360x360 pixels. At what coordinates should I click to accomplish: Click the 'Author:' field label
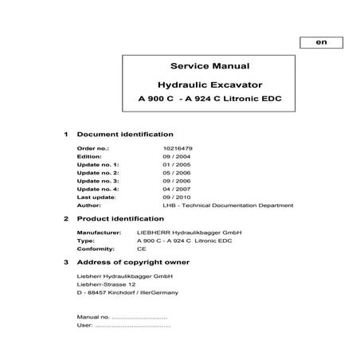[88, 205]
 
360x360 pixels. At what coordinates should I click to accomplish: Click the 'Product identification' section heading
[119, 217]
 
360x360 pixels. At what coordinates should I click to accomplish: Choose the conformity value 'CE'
[142, 248]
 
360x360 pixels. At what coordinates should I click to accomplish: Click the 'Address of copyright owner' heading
[132, 261]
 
